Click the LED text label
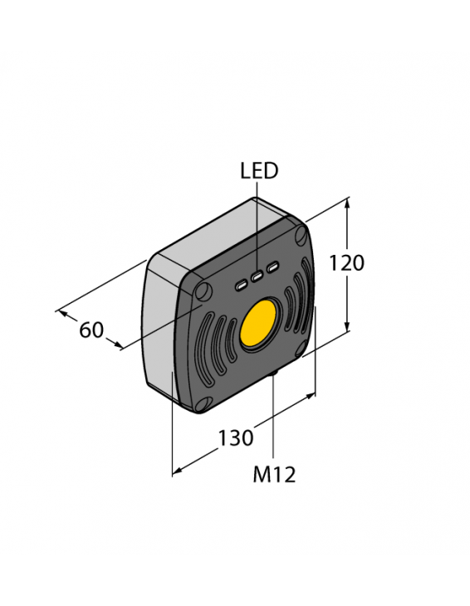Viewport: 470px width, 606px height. click(259, 171)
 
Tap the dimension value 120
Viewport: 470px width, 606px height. click(346, 263)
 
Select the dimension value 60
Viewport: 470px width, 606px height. click(91, 330)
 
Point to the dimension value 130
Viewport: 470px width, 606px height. click(235, 437)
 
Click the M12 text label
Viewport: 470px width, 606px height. click(274, 474)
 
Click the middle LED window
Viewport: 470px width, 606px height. click(257, 276)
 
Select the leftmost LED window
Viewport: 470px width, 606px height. click(241, 286)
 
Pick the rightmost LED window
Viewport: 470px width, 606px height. click(273, 266)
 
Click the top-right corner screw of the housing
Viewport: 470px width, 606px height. click(301, 236)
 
